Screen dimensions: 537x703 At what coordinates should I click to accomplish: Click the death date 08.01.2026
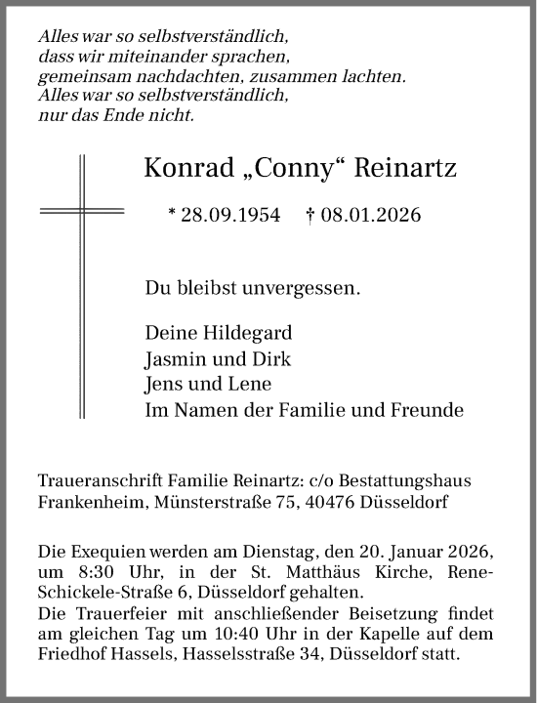(x=376, y=215)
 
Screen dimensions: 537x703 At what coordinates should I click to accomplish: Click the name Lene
(x=252, y=384)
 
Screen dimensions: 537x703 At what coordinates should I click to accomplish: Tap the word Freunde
(x=427, y=410)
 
